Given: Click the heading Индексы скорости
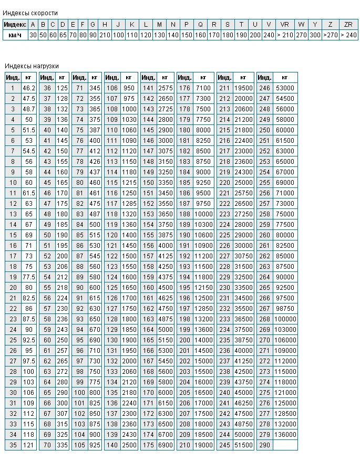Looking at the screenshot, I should [x=31, y=13].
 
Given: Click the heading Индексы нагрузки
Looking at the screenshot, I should [x=32, y=66].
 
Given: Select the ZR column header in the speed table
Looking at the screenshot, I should [x=348, y=25].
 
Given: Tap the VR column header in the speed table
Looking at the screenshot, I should [x=284, y=25].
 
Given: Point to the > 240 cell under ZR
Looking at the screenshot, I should [x=348, y=35].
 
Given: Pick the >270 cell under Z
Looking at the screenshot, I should [x=330, y=35].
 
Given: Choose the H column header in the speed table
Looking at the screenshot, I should [x=105, y=25].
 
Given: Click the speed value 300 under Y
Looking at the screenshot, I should [x=314, y=35].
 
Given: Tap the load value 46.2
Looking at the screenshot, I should [x=29, y=88].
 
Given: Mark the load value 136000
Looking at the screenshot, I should [x=285, y=435].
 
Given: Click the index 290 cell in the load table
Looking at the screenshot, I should [x=265, y=445].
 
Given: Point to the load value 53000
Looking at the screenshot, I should [x=285, y=88].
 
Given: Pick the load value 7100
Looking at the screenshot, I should [x=203, y=88].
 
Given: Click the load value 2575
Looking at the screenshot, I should [x=166, y=88].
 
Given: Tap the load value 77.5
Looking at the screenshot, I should [x=29, y=277].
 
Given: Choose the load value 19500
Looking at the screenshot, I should [x=243, y=88].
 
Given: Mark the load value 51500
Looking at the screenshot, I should [x=243, y=445].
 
